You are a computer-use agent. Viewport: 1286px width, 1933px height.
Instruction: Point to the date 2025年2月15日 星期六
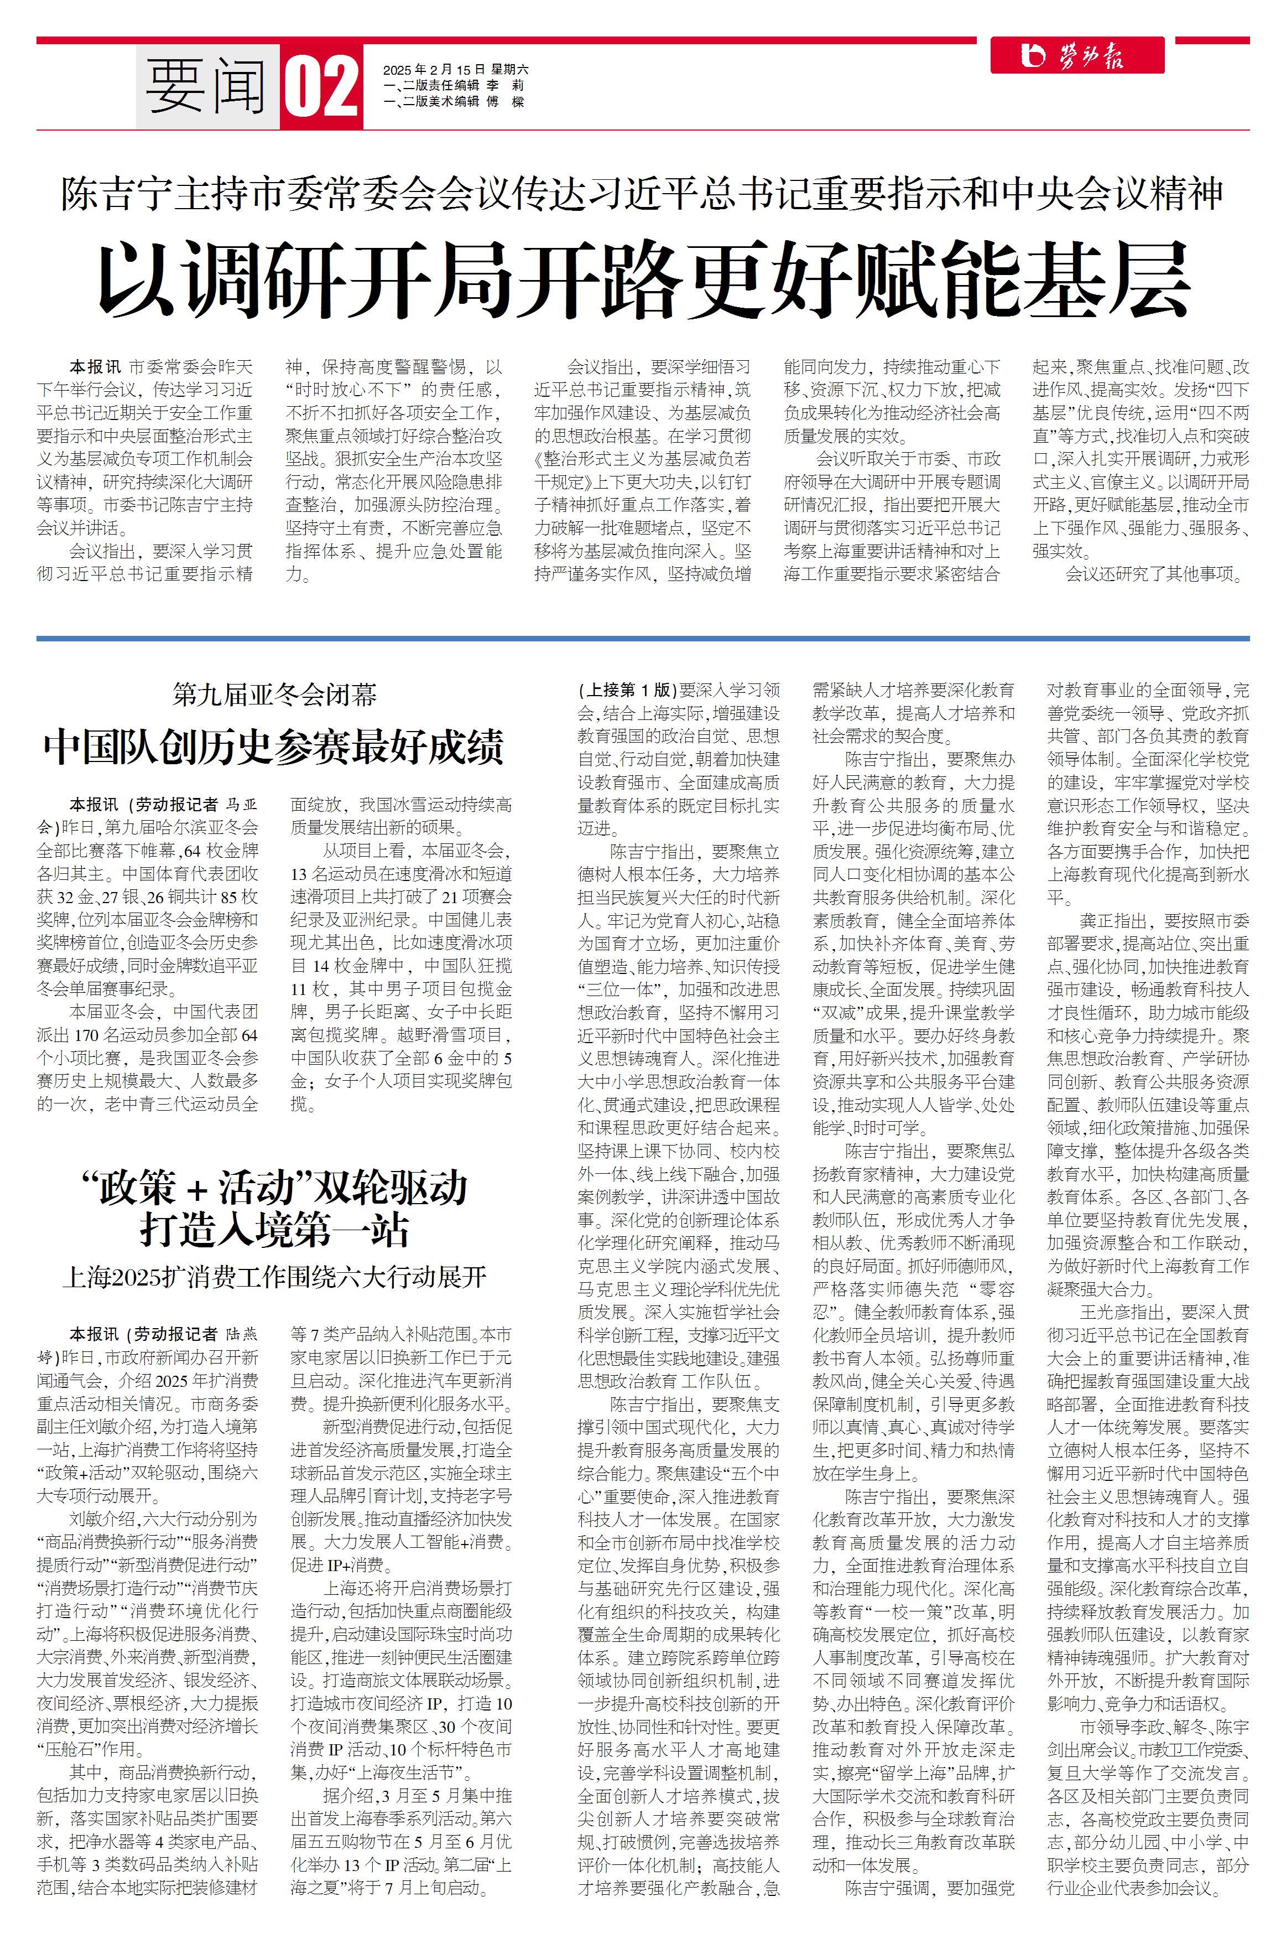coord(455,70)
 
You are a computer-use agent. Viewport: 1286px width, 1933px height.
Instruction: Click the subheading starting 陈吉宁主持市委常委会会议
coord(643,194)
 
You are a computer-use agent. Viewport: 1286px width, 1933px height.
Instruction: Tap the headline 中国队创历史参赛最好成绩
coord(274,747)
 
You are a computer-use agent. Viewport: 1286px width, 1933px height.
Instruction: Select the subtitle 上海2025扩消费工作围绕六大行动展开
coord(274,1277)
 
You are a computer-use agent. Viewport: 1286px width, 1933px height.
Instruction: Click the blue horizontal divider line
coord(643,638)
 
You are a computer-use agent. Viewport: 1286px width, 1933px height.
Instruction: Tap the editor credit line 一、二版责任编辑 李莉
coord(454,85)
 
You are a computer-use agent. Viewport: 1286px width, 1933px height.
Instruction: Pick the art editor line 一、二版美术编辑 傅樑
coord(454,102)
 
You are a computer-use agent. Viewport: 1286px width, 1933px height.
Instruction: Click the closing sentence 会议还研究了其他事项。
coord(1155,574)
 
